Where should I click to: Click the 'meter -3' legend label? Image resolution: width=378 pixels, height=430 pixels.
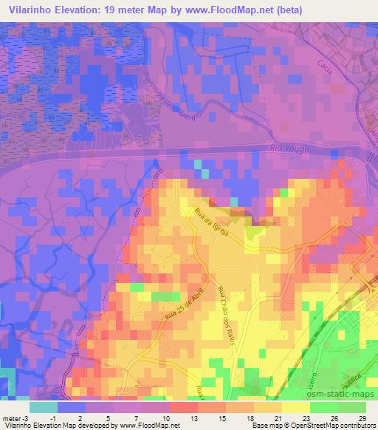pyautogui.click(x=16, y=418)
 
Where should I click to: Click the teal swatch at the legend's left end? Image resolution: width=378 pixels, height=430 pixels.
pyautogui.click(x=43, y=406)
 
